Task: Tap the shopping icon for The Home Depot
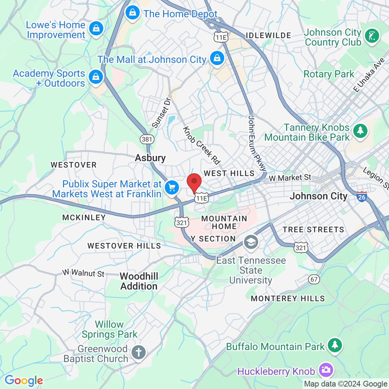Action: [x=132, y=13]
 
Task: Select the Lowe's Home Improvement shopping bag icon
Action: [x=96, y=29]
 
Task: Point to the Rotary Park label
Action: [x=329, y=74]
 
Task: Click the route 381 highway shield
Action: [x=147, y=139]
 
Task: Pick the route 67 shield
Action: [x=314, y=279]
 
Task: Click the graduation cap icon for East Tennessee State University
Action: [x=251, y=242]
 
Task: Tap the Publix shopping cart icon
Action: [x=172, y=187]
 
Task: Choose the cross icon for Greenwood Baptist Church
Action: [x=138, y=353]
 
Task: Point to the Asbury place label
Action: [x=150, y=158]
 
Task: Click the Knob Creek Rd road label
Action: [x=201, y=145]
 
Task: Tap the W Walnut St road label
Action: [x=84, y=273]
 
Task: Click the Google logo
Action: [x=24, y=381]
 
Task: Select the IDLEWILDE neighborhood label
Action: [x=268, y=35]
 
